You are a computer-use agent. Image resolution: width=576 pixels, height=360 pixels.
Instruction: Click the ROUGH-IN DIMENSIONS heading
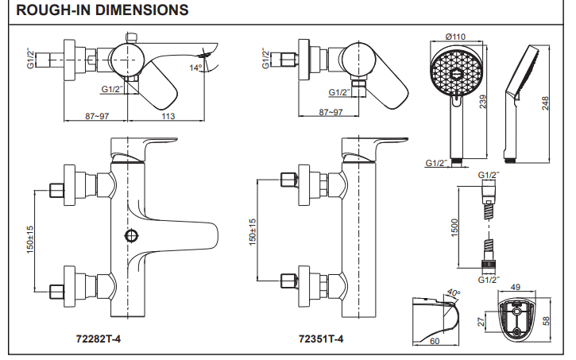coord(102,10)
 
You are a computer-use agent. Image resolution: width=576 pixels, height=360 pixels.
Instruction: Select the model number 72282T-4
coord(98,339)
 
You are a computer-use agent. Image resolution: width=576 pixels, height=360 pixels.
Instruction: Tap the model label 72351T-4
coord(321,339)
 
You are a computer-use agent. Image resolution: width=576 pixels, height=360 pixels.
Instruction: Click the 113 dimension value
coord(168,117)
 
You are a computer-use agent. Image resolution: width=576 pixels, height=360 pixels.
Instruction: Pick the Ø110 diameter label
coord(454,37)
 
